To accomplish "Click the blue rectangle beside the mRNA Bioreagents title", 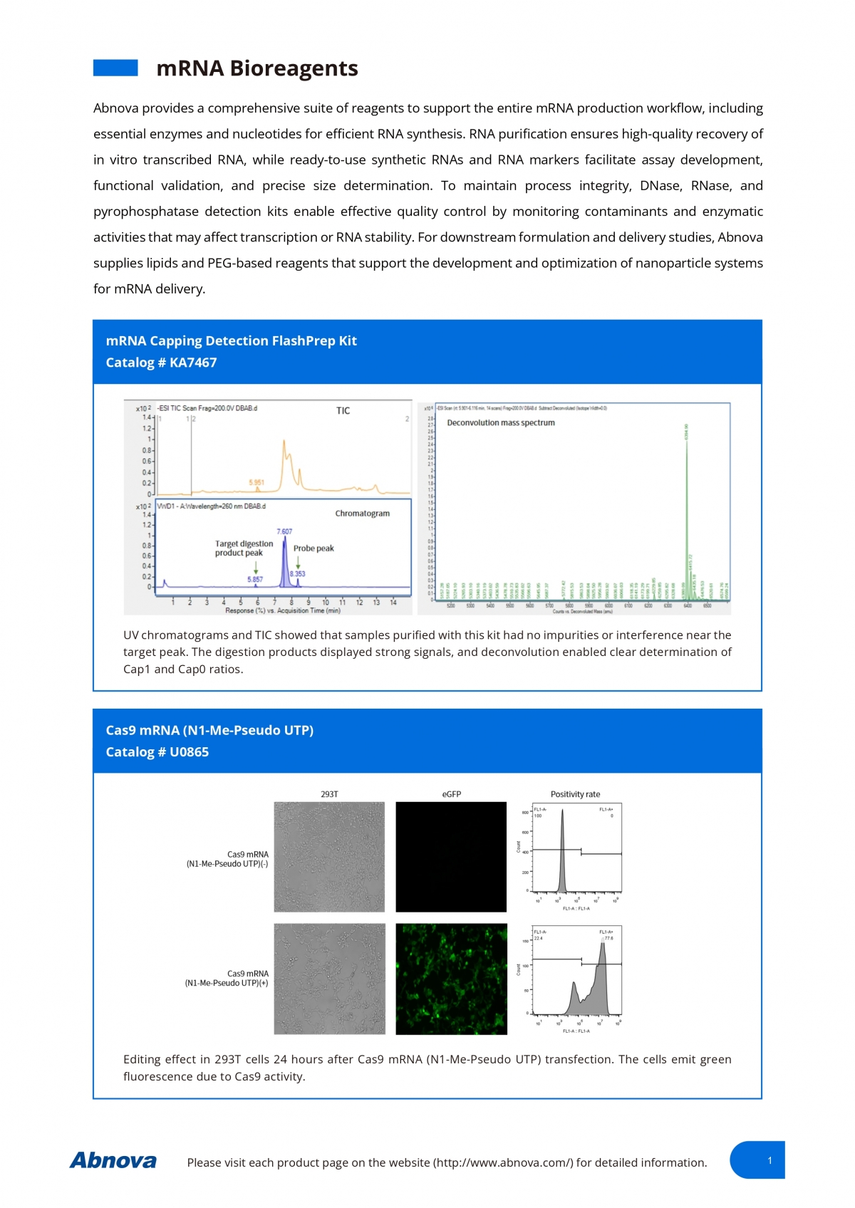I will point(115,68).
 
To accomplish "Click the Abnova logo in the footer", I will point(113,1160).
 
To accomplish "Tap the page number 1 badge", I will point(769,1160).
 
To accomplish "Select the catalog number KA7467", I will point(161,363).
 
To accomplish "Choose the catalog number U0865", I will point(157,752).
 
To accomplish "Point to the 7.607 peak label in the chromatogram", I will point(284,531).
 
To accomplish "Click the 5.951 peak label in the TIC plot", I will point(256,482).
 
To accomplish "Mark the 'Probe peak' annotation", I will point(313,548).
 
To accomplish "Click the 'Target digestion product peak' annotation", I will point(244,548).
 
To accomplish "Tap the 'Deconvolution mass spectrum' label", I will point(500,422).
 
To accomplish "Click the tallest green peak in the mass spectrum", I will point(686,499).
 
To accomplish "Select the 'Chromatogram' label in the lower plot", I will point(362,513).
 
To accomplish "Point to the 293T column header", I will point(329,793).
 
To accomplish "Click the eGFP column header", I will point(451,793).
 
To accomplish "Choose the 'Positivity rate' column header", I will point(575,793).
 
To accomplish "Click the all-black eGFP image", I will point(451,857).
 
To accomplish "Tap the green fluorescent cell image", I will point(451,979).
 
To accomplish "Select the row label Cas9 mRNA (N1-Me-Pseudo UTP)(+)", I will point(227,978).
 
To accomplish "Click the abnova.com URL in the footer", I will point(503,1162).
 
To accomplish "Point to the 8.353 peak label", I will point(298,573).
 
